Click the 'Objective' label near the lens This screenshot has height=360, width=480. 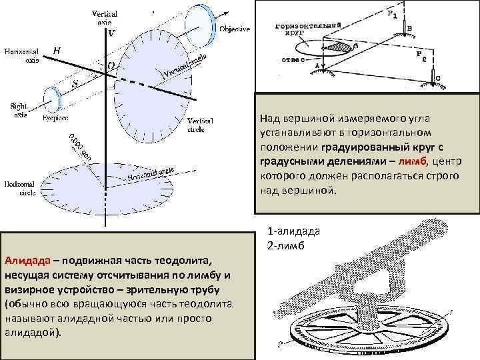point(235,29)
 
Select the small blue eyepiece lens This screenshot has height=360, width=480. point(51,99)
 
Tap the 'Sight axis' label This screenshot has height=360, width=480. point(19,110)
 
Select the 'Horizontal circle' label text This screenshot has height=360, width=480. point(19,187)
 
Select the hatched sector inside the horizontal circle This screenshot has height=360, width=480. point(343,47)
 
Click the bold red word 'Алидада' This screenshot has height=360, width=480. point(25,259)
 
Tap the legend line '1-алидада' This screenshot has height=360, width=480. point(293,231)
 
